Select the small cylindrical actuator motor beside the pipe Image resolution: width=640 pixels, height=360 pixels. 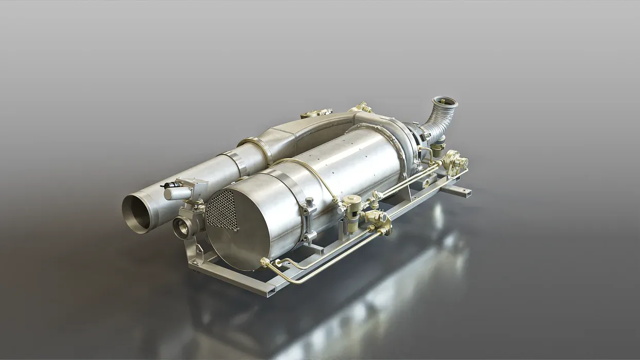pos(177,193)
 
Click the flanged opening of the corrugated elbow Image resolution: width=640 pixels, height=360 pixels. pos(445,103)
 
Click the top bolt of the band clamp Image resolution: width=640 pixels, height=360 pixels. pos(309,202)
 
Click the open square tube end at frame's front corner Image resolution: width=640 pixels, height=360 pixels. pos(270,290)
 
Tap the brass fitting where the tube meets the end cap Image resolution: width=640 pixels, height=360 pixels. pos(265,262)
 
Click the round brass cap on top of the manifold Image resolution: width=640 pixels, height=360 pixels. pos(316,113)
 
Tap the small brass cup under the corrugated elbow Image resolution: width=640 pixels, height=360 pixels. pos(438,149)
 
